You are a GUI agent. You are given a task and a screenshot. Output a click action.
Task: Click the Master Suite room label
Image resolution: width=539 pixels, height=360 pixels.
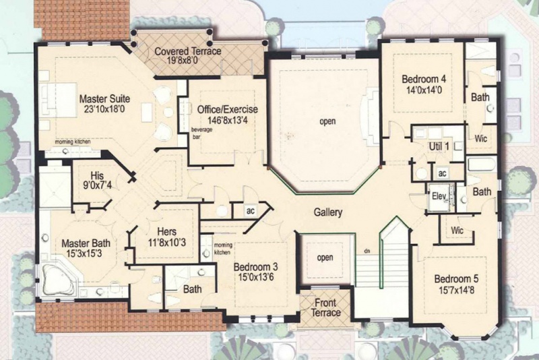point(104,99)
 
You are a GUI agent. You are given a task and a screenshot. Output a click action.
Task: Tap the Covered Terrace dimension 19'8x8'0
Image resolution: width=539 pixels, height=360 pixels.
point(178,61)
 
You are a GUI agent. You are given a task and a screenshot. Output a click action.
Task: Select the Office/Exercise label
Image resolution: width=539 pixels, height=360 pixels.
point(228,109)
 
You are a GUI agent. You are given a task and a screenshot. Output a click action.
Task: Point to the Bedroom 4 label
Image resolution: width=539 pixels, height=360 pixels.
point(424,79)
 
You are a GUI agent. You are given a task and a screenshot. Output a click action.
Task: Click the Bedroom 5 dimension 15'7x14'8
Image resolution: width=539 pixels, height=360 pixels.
point(457,290)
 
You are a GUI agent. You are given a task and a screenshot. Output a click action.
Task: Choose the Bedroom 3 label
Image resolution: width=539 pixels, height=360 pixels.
point(255,267)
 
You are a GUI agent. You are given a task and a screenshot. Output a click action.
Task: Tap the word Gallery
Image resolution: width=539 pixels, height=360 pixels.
point(328,212)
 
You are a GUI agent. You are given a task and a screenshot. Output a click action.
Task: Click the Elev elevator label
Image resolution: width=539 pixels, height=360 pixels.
point(439,196)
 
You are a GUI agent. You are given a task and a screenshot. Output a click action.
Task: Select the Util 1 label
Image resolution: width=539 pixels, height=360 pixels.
point(439,146)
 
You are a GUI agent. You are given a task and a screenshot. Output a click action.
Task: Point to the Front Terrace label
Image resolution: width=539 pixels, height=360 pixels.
point(325,307)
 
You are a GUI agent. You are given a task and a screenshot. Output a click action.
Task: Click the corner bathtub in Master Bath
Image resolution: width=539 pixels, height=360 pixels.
point(59,280)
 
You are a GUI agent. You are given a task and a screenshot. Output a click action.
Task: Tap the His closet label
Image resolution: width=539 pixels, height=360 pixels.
point(97,175)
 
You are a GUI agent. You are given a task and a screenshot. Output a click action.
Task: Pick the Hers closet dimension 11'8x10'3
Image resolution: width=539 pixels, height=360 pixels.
point(167,243)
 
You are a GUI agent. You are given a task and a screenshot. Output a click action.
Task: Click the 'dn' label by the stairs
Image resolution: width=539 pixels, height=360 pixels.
point(367,251)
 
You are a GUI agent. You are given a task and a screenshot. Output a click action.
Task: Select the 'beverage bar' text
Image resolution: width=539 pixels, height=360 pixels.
point(201,133)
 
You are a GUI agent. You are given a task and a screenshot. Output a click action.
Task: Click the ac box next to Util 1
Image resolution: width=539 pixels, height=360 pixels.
point(442,173)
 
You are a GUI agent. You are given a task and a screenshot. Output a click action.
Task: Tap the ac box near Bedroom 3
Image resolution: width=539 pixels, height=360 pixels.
point(250,210)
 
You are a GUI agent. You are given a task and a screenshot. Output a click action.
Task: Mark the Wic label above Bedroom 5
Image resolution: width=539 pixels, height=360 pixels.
point(457,231)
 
